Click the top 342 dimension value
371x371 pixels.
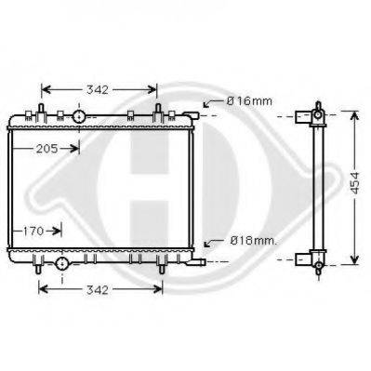pos(98,90)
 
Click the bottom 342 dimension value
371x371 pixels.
pos(98,290)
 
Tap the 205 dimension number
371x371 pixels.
pos(47,149)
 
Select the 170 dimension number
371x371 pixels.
pos(33,231)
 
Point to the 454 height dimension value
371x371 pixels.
pos(355,183)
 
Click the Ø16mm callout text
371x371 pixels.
pos(249,101)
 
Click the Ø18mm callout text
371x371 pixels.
pos(253,241)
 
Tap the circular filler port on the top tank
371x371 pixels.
pos(79,116)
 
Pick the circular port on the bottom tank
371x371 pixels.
pos(61,263)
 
